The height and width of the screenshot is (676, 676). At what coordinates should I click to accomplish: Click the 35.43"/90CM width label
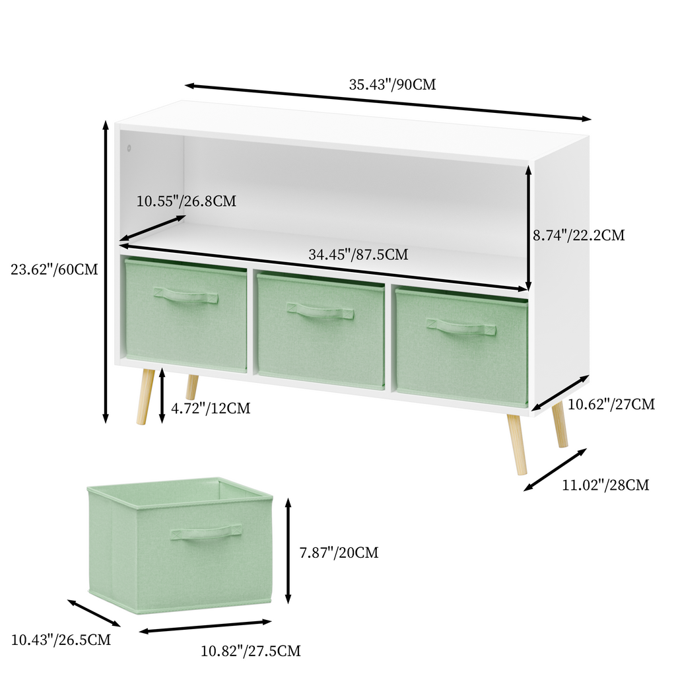[x=392, y=84]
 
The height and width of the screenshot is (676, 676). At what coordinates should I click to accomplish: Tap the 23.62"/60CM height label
[x=54, y=269]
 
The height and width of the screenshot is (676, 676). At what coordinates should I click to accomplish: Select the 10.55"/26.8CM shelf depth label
[x=186, y=201]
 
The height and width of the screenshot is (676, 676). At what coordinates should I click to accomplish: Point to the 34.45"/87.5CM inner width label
[x=358, y=254]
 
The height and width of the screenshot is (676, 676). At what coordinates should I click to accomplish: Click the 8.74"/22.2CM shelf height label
[x=578, y=235]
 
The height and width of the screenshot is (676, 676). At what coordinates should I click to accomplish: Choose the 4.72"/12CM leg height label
[x=211, y=408]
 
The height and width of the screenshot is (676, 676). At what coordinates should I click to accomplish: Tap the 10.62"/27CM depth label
[x=611, y=404]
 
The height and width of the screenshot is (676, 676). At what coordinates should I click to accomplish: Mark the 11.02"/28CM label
[x=605, y=485]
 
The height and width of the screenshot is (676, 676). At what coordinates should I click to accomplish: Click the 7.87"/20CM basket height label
[x=339, y=553]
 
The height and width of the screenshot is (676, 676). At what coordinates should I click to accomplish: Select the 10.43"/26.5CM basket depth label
[x=61, y=639]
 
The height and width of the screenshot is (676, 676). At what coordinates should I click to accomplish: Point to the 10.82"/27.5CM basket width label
[x=251, y=650]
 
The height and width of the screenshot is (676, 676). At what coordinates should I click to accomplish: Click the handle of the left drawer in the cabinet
[x=186, y=296]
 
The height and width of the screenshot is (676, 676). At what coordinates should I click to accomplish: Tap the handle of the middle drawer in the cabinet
[x=320, y=311]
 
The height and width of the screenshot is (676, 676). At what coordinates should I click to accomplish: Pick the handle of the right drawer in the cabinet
[x=460, y=326]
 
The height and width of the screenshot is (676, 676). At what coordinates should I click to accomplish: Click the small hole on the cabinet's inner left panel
[x=129, y=149]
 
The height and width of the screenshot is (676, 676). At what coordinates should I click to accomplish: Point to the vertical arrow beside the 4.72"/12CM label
[x=162, y=395]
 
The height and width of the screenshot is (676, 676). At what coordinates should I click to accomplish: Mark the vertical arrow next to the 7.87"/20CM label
[x=288, y=551]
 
